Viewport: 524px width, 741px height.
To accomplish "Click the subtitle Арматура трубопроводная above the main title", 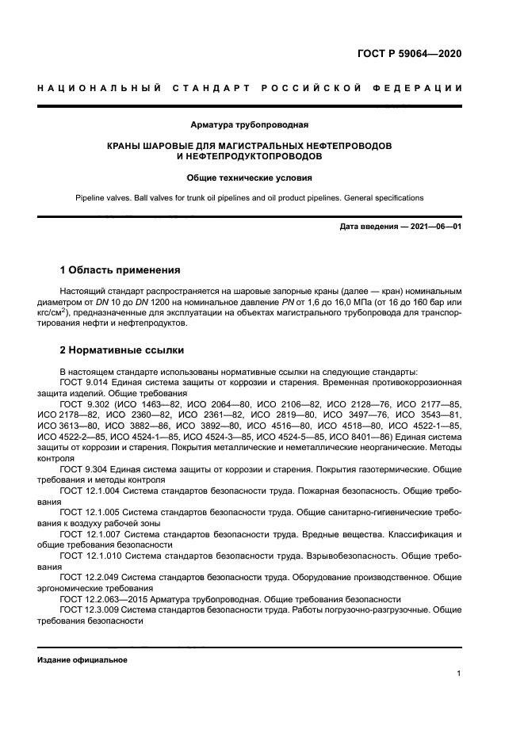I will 250,124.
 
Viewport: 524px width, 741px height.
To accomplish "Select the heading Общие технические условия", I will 250,178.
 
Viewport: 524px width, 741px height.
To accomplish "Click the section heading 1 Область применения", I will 120,270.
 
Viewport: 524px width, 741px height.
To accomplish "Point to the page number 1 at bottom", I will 459,674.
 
